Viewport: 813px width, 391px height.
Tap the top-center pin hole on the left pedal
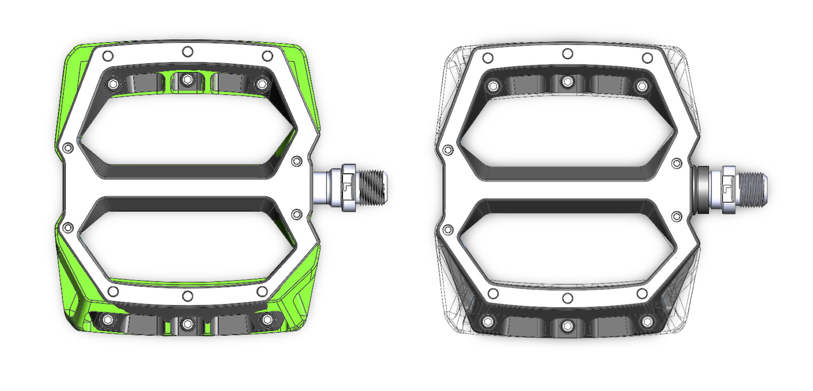(x=187, y=51)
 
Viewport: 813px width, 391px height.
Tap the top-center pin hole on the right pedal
(x=567, y=54)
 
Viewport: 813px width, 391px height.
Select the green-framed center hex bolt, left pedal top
(x=187, y=79)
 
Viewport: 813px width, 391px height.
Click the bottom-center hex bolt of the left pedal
(x=187, y=323)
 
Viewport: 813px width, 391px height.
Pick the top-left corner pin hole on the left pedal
(x=107, y=55)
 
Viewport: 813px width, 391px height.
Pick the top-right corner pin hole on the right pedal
(x=647, y=58)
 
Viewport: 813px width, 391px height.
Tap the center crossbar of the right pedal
(x=567, y=189)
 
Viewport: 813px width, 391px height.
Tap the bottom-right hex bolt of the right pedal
(x=647, y=322)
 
